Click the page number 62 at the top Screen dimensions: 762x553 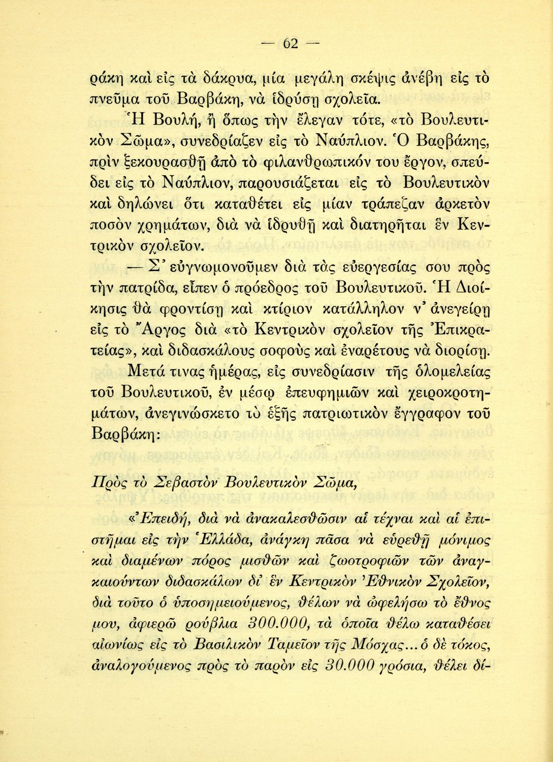(x=289, y=43)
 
